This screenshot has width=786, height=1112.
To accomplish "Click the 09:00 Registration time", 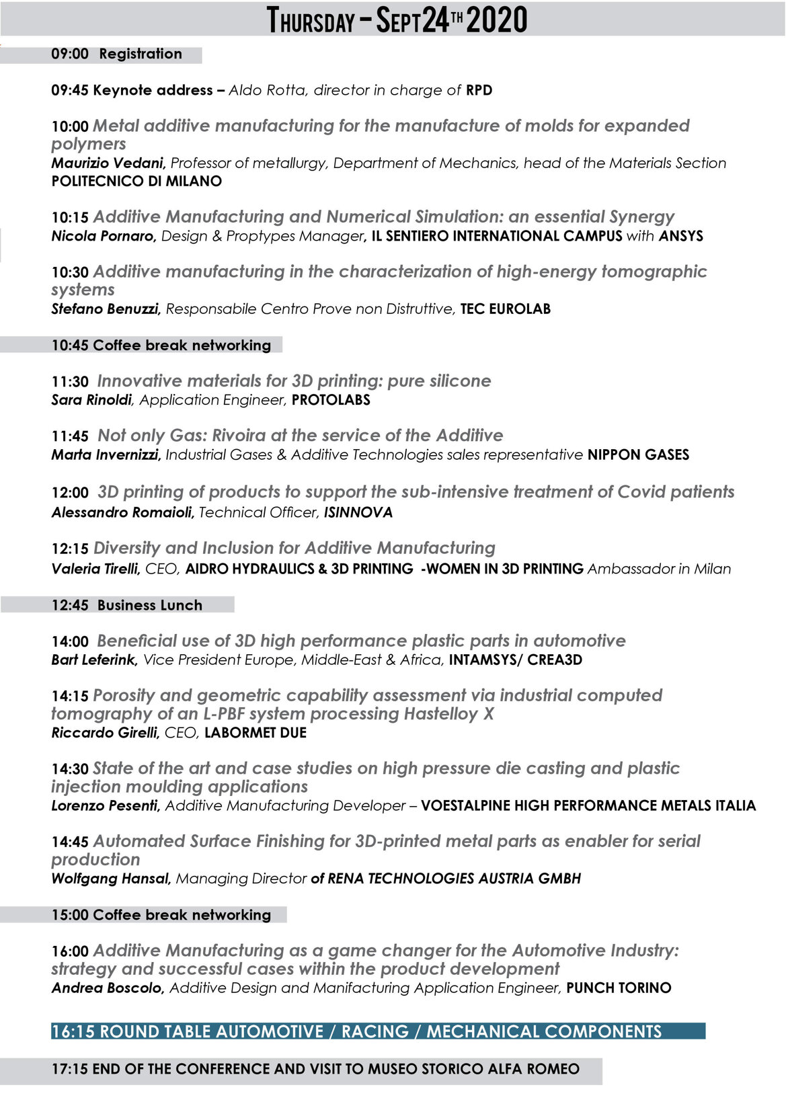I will pos(70,54).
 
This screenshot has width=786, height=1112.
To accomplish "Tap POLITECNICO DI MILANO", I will pos(136,182).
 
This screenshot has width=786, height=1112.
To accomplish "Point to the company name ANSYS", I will pos(680,236).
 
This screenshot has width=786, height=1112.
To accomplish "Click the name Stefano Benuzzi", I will pos(106,309).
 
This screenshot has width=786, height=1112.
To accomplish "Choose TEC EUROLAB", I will pos(506,309).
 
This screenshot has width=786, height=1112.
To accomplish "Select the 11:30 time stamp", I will pos(70,382).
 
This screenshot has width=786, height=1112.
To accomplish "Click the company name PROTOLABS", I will pos(331,400).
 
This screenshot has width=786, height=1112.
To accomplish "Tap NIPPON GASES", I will pos(638,455).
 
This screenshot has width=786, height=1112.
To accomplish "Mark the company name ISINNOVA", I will pos(358,513).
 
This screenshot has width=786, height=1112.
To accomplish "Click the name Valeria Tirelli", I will pos(95,569).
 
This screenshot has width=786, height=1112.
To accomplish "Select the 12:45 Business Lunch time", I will pos(70,605).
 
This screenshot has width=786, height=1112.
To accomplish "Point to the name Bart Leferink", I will pos(94,660).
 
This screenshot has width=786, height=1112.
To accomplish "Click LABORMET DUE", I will pos(256,733).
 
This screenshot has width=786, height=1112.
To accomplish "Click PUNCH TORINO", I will pos(619,988).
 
